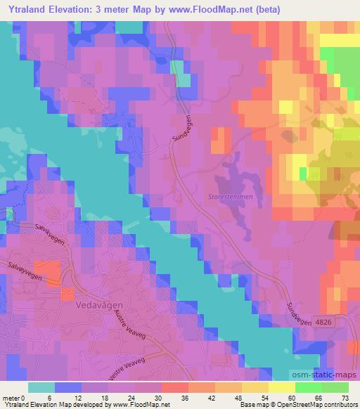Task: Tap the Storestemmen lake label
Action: [x=230, y=197]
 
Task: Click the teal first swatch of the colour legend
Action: [x=41, y=387]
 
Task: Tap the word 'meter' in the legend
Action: [x=12, y=398]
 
